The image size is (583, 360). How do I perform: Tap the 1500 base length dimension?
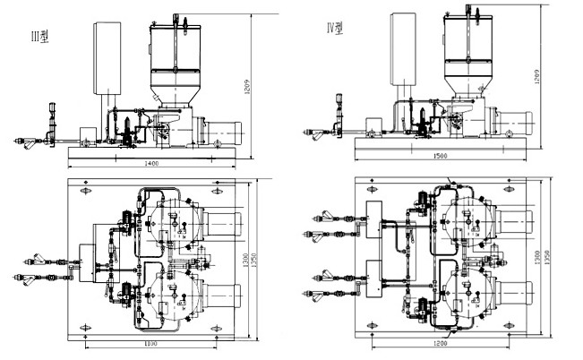click(x=441, y=157)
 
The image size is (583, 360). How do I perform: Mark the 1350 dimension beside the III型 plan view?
click(x=265, y=261)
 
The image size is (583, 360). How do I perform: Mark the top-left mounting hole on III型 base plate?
click(x=86, y=192)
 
